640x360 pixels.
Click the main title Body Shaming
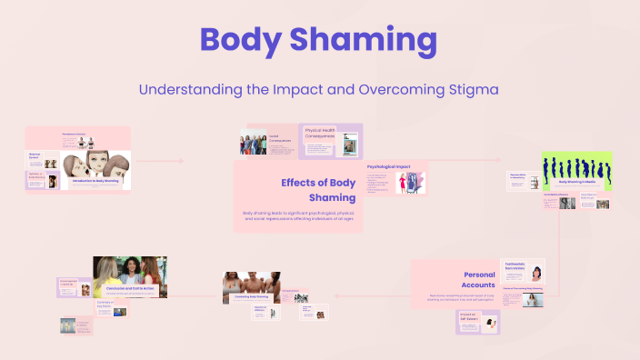(x=319, y=41)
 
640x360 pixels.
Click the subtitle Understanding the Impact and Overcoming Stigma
(x=319, y=90)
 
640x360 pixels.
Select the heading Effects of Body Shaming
(x=312, y=189)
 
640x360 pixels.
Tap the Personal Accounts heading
(x=479, y=279)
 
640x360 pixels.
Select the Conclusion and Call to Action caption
(x=136, y=288)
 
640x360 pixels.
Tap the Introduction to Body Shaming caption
(x=96, y=180)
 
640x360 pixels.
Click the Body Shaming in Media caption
(x=577, y=182)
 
